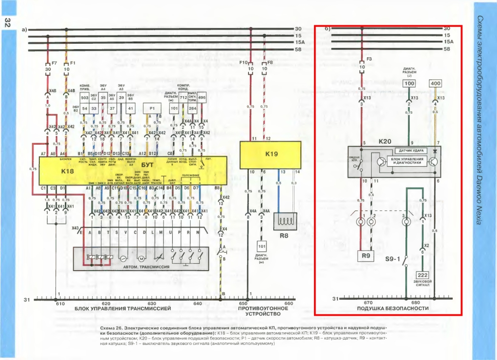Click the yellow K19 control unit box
pos(271,154)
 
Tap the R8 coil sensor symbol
pos(284,223)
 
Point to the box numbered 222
pos(422,275)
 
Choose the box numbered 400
pos(435,84)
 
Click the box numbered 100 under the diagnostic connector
pos(410,84)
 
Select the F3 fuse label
pos(369,59)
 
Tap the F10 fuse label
pos(243,63)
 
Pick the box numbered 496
pos(202,97)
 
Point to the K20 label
pos(385,141)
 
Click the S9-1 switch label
pos(392,259)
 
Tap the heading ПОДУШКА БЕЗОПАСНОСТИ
pos(393,309)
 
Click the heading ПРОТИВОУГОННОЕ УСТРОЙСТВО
pos(264,311)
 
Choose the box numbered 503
pos(84,97)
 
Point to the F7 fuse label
pos(54,63)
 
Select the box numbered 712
pos(183,97)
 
